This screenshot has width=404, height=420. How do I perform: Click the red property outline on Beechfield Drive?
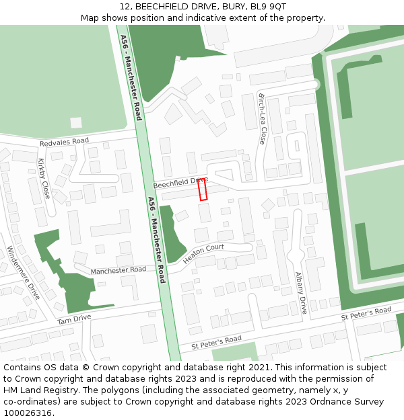coord(203,190)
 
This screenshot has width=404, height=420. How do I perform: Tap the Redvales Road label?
coord(64,142)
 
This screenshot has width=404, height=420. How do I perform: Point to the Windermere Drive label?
coord(23,271)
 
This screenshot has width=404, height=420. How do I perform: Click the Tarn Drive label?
coord(74,319)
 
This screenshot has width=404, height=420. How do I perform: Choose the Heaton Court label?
coord(203,253)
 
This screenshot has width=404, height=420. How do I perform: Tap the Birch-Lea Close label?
coord(262,119)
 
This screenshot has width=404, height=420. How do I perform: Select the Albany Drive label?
coord(301,293)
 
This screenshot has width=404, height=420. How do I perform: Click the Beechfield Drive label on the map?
coord(179,182)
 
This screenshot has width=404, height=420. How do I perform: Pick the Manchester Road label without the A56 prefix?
coord(119,270)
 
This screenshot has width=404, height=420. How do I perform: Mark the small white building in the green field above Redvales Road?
coord(76,123)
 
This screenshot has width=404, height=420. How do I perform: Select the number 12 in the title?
coord(125,7)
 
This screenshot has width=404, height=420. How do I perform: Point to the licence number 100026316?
coord(29,413)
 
